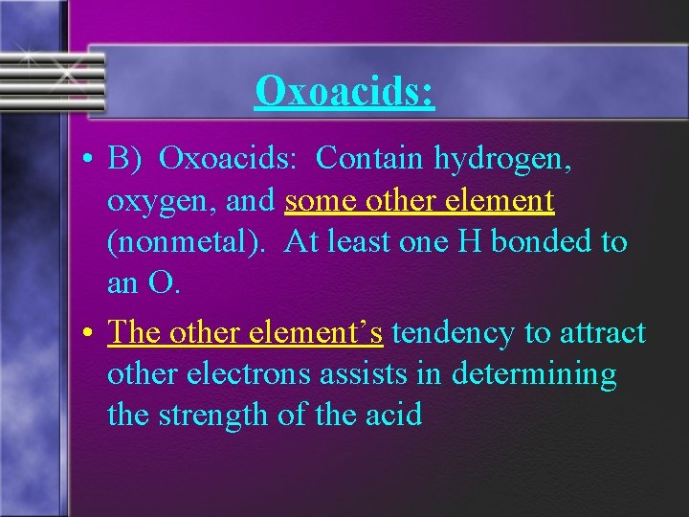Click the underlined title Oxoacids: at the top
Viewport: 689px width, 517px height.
pos(344,91)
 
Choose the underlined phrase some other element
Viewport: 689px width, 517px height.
pos(419,200)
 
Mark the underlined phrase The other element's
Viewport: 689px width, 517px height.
pos(246,332)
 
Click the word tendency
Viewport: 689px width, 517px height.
pos(453,332)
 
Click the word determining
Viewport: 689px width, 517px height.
pos(537,374)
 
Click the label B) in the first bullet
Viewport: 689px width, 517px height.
pos(124,159)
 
